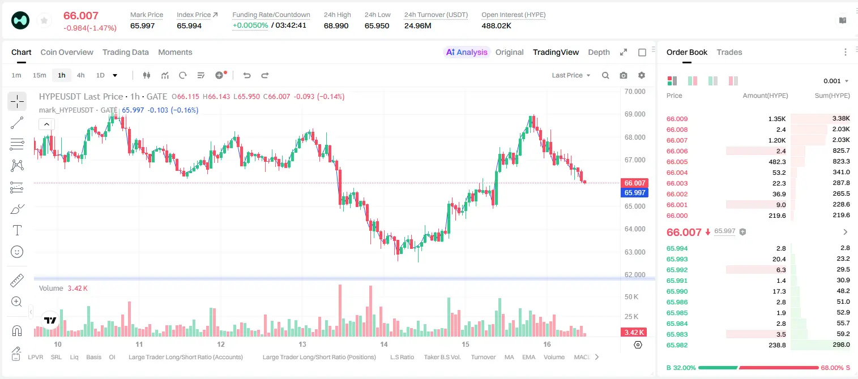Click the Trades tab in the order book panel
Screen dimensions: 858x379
coord(729,53)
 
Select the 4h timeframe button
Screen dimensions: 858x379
coord(80,75)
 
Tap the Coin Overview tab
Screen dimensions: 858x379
coord(67,53)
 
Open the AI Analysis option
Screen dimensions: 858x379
coord(467,53)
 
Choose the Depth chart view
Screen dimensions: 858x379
coord(599,53)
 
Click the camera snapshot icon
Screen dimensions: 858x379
coord(624,75)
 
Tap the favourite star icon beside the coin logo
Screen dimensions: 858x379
coord(44,20)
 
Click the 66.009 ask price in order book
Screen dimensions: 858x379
coord(677,119)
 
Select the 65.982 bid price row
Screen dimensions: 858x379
coord(677,345)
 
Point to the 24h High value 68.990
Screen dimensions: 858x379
coord(336,26)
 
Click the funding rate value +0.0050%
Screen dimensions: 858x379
coord(250,25)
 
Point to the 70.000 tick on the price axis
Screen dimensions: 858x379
coord(635,92)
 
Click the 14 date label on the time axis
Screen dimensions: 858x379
coord(384,344)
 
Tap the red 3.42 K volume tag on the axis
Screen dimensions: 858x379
coord(634,333)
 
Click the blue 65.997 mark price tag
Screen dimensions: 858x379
coord(634,193)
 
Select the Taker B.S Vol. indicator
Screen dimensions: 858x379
coord(442,357)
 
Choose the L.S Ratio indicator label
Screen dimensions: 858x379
coord(402,357)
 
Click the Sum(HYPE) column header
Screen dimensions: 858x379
coord(832,96)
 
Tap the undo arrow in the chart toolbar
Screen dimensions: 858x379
coord(247,75)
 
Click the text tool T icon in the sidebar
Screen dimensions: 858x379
coord(17,230)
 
